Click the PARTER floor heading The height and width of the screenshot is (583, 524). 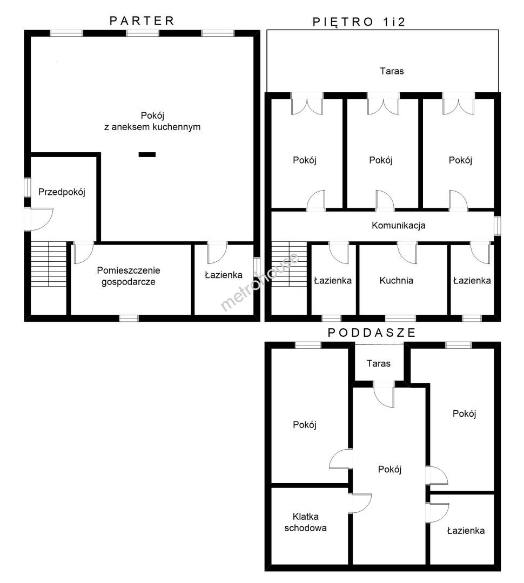pos(142,21)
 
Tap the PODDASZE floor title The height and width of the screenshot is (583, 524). pos(372,333)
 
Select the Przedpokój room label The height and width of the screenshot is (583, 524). pos(62,192)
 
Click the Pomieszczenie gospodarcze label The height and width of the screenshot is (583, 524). pos(129,276)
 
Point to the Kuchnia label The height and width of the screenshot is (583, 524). pos(397,280)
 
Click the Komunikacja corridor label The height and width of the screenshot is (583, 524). pos(399,225)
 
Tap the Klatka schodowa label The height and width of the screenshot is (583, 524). pos(306,522)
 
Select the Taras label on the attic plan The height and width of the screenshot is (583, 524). pos(379,363)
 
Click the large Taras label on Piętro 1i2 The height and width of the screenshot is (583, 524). pos(392,71)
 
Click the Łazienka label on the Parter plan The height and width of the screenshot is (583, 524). pos(224,275)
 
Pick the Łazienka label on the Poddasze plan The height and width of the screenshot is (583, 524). pos(466,531)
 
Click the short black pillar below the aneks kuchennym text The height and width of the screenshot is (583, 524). pos(147,155)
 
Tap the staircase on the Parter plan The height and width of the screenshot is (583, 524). pos(49,264)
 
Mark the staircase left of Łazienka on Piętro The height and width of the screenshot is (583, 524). pos(289,264)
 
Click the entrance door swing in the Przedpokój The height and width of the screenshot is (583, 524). pos(39,219)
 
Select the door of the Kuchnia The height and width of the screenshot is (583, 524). pos(407,253)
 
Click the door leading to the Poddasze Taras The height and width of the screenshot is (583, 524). pos(384,394)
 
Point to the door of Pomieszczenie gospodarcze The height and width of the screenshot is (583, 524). pos(84,253)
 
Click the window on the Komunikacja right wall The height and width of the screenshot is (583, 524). pos(498,226)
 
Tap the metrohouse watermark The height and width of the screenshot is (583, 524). pos(260,282)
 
